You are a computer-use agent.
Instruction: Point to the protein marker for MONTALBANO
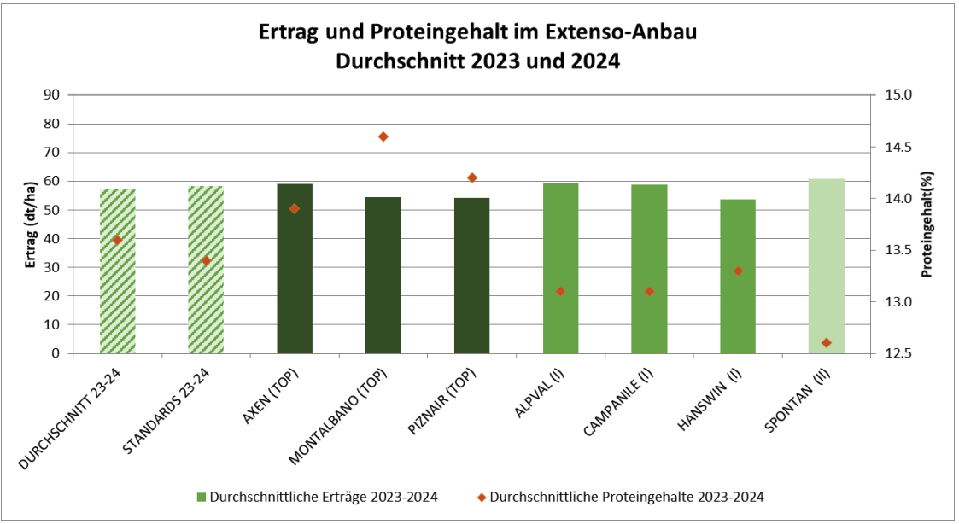[383, 137]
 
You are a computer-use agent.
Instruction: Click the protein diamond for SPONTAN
[826, 342]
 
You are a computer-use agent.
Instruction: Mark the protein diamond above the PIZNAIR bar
[472, 178]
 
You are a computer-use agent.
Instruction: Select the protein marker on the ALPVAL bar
[560, 291]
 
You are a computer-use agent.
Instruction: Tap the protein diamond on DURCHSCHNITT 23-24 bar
[117, 240]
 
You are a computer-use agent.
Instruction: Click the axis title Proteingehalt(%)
[926, 224]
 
